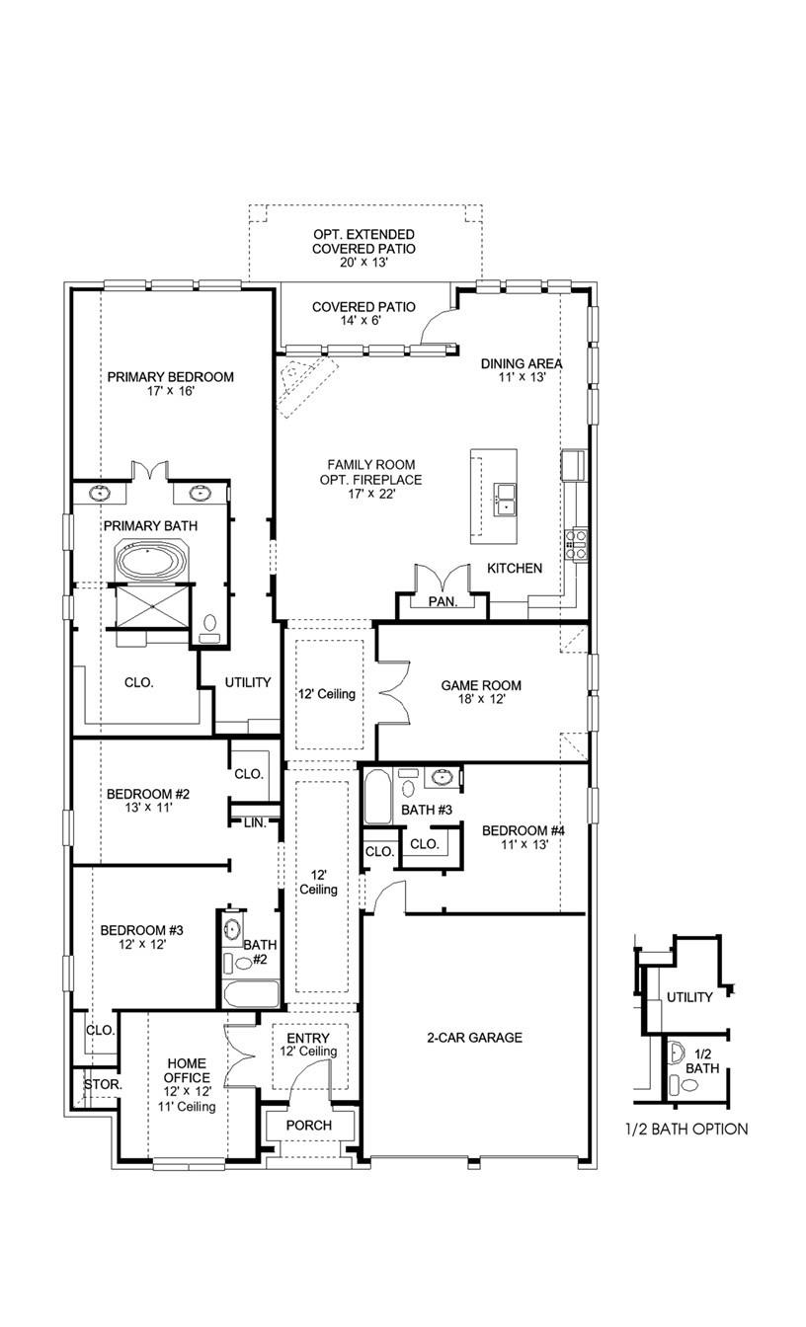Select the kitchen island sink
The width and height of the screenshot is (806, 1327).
pos(505,500)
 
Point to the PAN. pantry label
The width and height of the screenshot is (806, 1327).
pos(442,601)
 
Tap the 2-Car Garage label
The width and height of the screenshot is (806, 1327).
pos(474,1038)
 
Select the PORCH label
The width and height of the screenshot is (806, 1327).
pos(308,1126)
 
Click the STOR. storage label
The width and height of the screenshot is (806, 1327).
pos(102,1084)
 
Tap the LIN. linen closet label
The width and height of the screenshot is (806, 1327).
pos(255,821)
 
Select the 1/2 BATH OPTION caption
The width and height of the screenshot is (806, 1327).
pos(685,1129)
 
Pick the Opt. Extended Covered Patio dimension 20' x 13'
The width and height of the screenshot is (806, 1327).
pos(363,264)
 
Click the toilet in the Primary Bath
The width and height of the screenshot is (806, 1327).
pos(209,626)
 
